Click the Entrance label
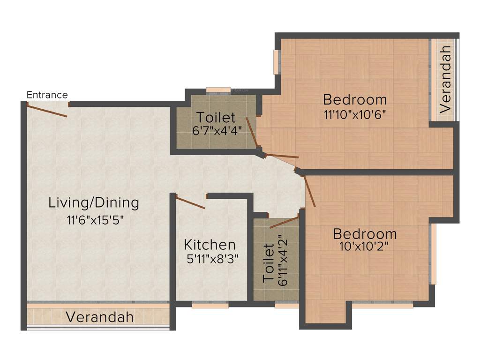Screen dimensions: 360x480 pos(47,95)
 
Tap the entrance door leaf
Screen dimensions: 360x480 pos(47,111)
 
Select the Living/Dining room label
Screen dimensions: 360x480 pos(94,203)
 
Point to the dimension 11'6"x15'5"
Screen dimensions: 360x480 pos(95,219)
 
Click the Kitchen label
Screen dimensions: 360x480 pos(210,244)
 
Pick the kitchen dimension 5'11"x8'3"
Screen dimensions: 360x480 pos(210,259)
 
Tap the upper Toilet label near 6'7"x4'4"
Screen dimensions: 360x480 pos(216,117)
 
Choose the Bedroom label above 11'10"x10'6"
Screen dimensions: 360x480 pos(355,99)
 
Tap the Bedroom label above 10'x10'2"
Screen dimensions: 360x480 pos(365,233)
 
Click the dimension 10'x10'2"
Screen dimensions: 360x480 pos(365,246)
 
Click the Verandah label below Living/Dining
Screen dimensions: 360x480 pos(99,317)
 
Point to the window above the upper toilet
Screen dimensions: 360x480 pos(218,90)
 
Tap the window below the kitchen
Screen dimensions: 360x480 pos(210,304)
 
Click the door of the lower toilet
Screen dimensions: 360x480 pos(284,222)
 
